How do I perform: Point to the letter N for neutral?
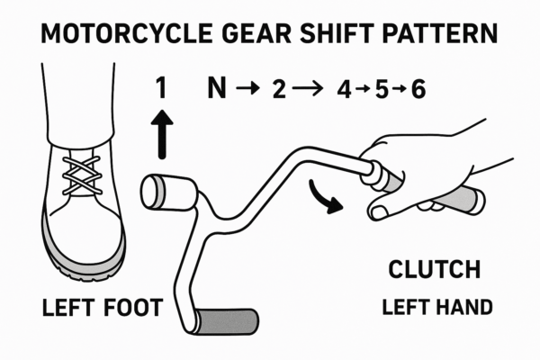(x=217, y=88)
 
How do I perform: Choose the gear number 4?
(x=343, y=88)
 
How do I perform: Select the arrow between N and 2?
(x=244, y=88)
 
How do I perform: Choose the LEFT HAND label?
(x=436, y=307)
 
